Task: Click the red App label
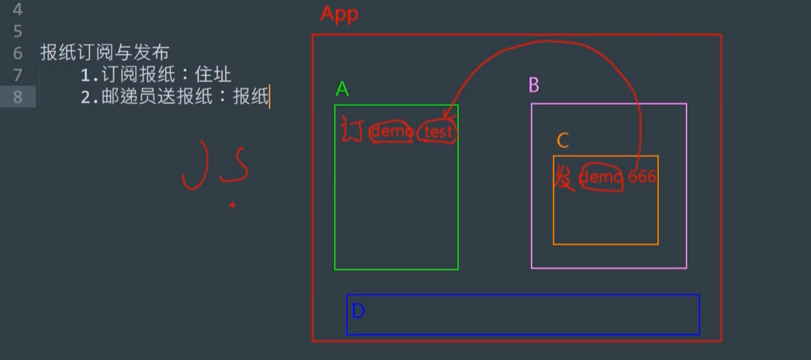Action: pos(339,14)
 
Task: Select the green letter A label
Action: pos(343,89)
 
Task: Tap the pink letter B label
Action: pos(534,86)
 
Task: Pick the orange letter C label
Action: pos(563,140)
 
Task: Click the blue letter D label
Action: pos(358,311)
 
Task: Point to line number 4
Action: pos(17,10)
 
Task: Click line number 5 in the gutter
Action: pos(17,31)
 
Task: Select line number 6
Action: pos(17,52)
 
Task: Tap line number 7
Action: pos(17,74)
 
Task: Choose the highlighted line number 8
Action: pos(17,96)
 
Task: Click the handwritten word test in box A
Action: pos(439,132)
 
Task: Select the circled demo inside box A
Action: pos(392,132)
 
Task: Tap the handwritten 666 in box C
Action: pos(642,177)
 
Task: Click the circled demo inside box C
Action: pos(601,177)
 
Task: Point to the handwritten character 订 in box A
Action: pos(352,130)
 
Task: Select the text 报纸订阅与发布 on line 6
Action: pos(105,52)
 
